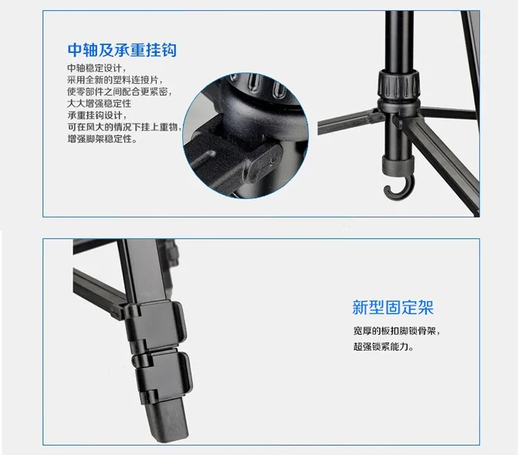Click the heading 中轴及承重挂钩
point(122,50)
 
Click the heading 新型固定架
point(392,307)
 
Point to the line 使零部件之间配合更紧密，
point(119,92)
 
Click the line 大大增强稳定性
point(99,104)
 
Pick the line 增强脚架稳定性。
point(102,139)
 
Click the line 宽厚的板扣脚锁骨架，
point(396,331)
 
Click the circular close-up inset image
point(242,131)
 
